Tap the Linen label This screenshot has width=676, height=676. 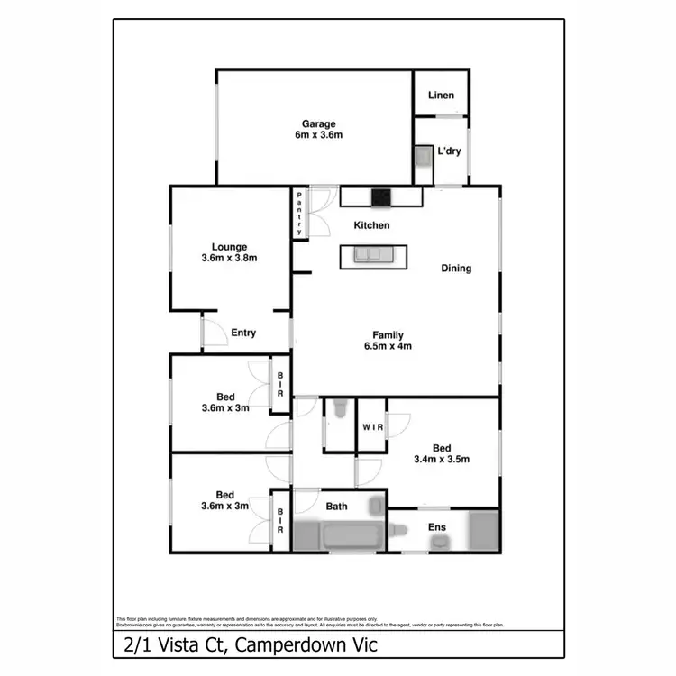(x=441, y=95)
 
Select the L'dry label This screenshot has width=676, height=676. (x=449, y=151)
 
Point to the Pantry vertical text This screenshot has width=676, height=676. (x=299, y=215)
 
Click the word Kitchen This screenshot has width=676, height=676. (x=371, y=225)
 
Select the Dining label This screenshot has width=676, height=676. (x=456, y=268)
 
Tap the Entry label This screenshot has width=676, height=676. (x=243, y=333)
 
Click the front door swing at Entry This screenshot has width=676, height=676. (x=214, y=335)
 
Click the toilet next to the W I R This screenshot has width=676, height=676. (x=337, y=411)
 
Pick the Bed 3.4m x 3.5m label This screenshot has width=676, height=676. (x=441, y=453)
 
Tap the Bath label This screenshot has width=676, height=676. (x=336, y=507)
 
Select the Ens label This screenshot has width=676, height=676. (x=436, y=527)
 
